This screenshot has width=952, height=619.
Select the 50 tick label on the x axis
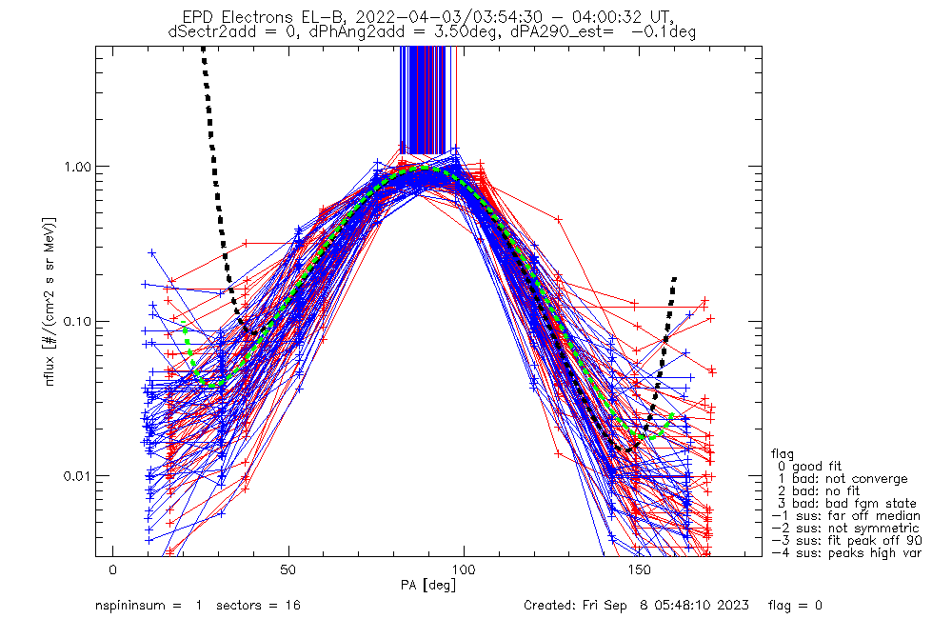[x=288, y=569]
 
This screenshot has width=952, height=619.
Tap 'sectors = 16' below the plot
[x=269, y=606]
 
